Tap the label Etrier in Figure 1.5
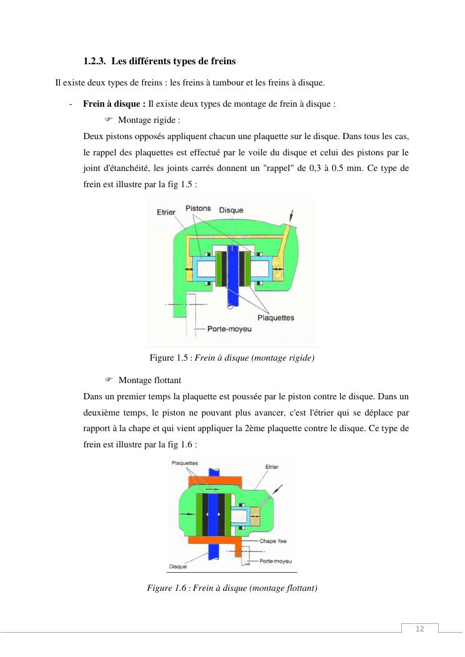pyautogui.click(x=165, y=213)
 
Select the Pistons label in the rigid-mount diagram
pyautogui.click(x=198, y=208)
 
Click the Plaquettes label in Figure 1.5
pyautogui.click(x=275, y=318)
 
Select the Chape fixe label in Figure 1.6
pyautogui.click(x=273, y=541)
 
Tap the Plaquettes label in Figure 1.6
pyautogui.click(x=185, y=463)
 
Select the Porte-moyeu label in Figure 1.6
pyautogui.click(x=275, y=561)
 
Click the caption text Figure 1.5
pyautogui.click(x=166, y=358)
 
